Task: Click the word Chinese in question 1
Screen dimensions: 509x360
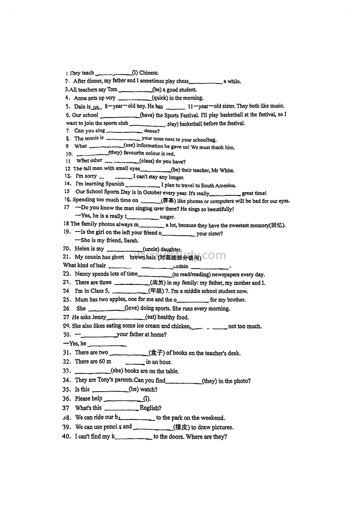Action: [149, 73]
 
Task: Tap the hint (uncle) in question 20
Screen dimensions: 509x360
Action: [151, 249]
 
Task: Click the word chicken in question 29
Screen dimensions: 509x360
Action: [181, 326]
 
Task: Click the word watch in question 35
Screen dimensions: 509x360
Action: [148, 390]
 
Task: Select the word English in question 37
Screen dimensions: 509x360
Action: [150, 408]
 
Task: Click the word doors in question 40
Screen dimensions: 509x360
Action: [175, 436]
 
